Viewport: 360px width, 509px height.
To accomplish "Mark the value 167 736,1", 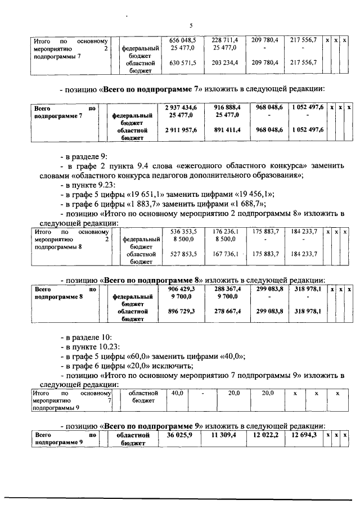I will click(224, 254).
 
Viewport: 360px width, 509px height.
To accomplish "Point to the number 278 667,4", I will click(224, 310).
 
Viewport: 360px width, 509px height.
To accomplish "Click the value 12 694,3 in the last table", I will click(304, 435).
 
